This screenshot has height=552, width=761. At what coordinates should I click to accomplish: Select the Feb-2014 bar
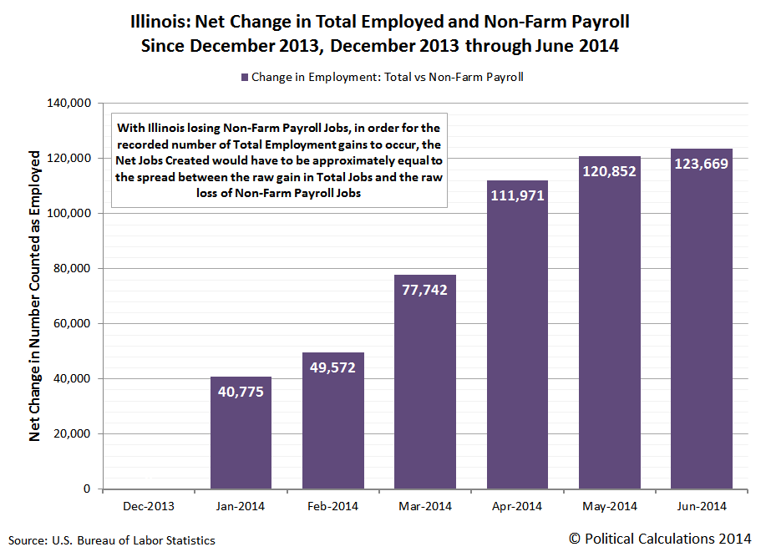pos(333,434)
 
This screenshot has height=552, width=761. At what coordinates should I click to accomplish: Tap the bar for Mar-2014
pos(425,401)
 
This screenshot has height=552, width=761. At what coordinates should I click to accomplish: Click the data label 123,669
pos(702,163)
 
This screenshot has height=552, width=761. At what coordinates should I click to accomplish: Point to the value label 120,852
pos(610,171)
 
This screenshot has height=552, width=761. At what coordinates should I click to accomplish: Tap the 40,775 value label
pos(241,391)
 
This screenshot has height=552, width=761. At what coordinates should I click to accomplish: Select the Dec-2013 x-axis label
pos(149,507)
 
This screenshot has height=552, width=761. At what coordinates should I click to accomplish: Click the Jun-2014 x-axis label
pos(702,507)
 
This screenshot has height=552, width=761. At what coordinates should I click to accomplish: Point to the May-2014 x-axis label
pos(610,507)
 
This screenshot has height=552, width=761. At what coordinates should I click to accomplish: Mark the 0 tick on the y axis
pos(86,489)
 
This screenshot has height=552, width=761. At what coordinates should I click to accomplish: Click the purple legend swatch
pos(245,77)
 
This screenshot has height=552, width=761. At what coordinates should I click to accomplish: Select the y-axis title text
pos(35,296)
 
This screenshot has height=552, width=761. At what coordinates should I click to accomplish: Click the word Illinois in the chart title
pos(157,20)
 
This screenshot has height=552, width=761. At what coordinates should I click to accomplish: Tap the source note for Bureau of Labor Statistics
pos(112,540)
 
